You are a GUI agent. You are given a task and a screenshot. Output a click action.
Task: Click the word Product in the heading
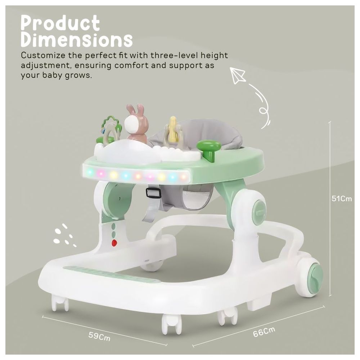point(60,23)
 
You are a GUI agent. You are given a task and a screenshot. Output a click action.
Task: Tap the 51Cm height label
point(342,198)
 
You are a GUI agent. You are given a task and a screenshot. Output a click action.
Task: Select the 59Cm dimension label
point(99,337)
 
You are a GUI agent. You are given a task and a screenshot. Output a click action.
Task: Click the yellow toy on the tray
point(174,130)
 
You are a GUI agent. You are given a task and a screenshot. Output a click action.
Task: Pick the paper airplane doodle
point(238,76)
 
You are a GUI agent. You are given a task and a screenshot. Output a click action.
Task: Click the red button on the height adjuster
point(114,242)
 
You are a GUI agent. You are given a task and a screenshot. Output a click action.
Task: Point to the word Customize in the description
point(43,55)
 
